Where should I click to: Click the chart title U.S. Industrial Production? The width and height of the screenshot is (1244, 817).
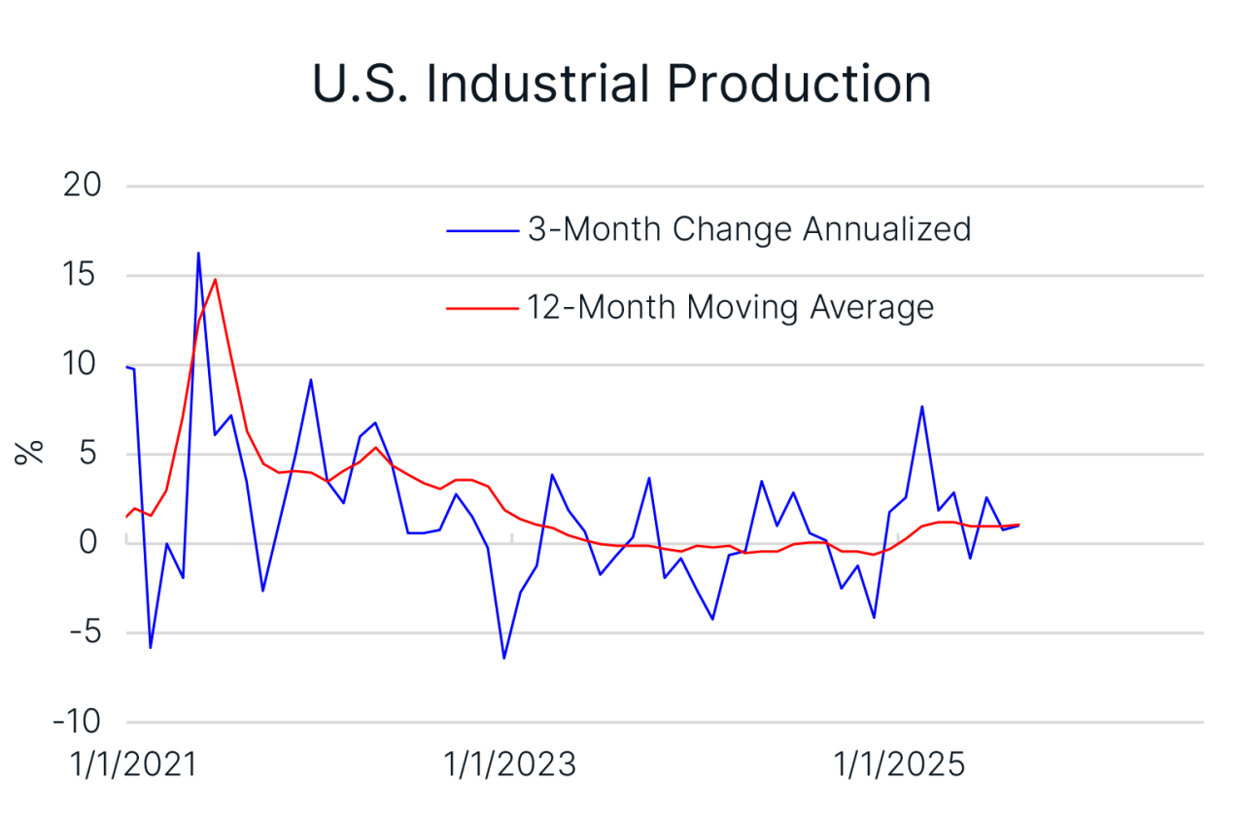pyautogui.click(x=622, y=84)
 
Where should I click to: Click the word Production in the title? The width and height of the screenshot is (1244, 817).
pyautogui.click(x=799, y=84)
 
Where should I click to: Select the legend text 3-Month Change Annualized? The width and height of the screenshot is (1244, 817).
pyautogui.click(x=748, y=229)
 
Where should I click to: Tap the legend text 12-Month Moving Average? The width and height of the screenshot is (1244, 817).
pyautogui.click(x=730, y=307)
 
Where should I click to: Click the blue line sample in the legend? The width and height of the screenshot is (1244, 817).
pyautogui.click(x=482, y=230)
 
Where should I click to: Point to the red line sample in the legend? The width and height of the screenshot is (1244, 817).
pyautogui.click(x=482, y=308)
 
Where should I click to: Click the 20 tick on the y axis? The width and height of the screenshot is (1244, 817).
pyautogui.click(x=84, y=186)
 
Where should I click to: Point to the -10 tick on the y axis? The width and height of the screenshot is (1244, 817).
pyautogui.click(x=78, y=722)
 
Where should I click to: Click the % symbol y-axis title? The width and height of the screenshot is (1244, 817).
pyautogui.click(x=31, y=452)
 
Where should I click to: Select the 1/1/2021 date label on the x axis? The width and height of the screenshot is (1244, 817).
pyautogui.click(x=133, y=766)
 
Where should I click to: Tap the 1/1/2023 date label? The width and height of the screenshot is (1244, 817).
pyautogui.click(x=511, y=766)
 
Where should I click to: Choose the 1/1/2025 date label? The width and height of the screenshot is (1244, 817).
pyautogui.click(x=900, y=766)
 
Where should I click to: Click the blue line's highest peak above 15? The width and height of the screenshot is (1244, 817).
pyautogui.click(x=198, y=254)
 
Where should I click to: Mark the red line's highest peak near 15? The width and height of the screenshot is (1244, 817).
pyautogui.click(x=215, y=280)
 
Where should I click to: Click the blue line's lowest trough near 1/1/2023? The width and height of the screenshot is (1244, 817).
pyautogui.click(x=504, y=658)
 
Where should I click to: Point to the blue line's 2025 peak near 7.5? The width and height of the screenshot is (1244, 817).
pyautogui.click(x=921, y=407)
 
